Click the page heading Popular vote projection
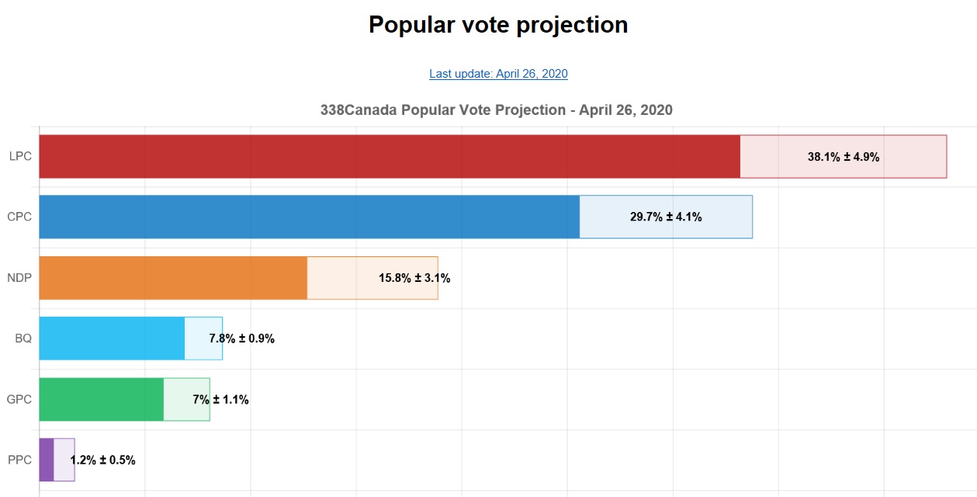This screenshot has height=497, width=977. point(498,25)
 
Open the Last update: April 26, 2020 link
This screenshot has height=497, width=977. point(498,74)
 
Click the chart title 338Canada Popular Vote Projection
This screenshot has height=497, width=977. point(497,110)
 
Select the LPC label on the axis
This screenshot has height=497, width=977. point(20,156)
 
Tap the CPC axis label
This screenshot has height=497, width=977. point(20,217)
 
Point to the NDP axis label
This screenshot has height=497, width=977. point(19,277)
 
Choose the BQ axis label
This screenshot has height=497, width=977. point(23,339)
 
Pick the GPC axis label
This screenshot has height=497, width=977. point(19,399)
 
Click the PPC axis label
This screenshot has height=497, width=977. point(20,460)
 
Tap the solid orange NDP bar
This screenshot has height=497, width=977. point(173,277)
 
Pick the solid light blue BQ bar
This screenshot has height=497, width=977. point(112,339)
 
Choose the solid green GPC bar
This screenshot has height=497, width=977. point(101,399)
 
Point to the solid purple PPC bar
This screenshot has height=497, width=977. point(47,460)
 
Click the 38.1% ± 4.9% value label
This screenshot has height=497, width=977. point(844,157)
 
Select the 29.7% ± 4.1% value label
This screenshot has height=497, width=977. point(666,217)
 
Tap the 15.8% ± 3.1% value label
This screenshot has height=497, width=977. point(414,278)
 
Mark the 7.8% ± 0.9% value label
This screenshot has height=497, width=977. point(241,339)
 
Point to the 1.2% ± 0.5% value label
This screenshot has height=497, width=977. point(102,460)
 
